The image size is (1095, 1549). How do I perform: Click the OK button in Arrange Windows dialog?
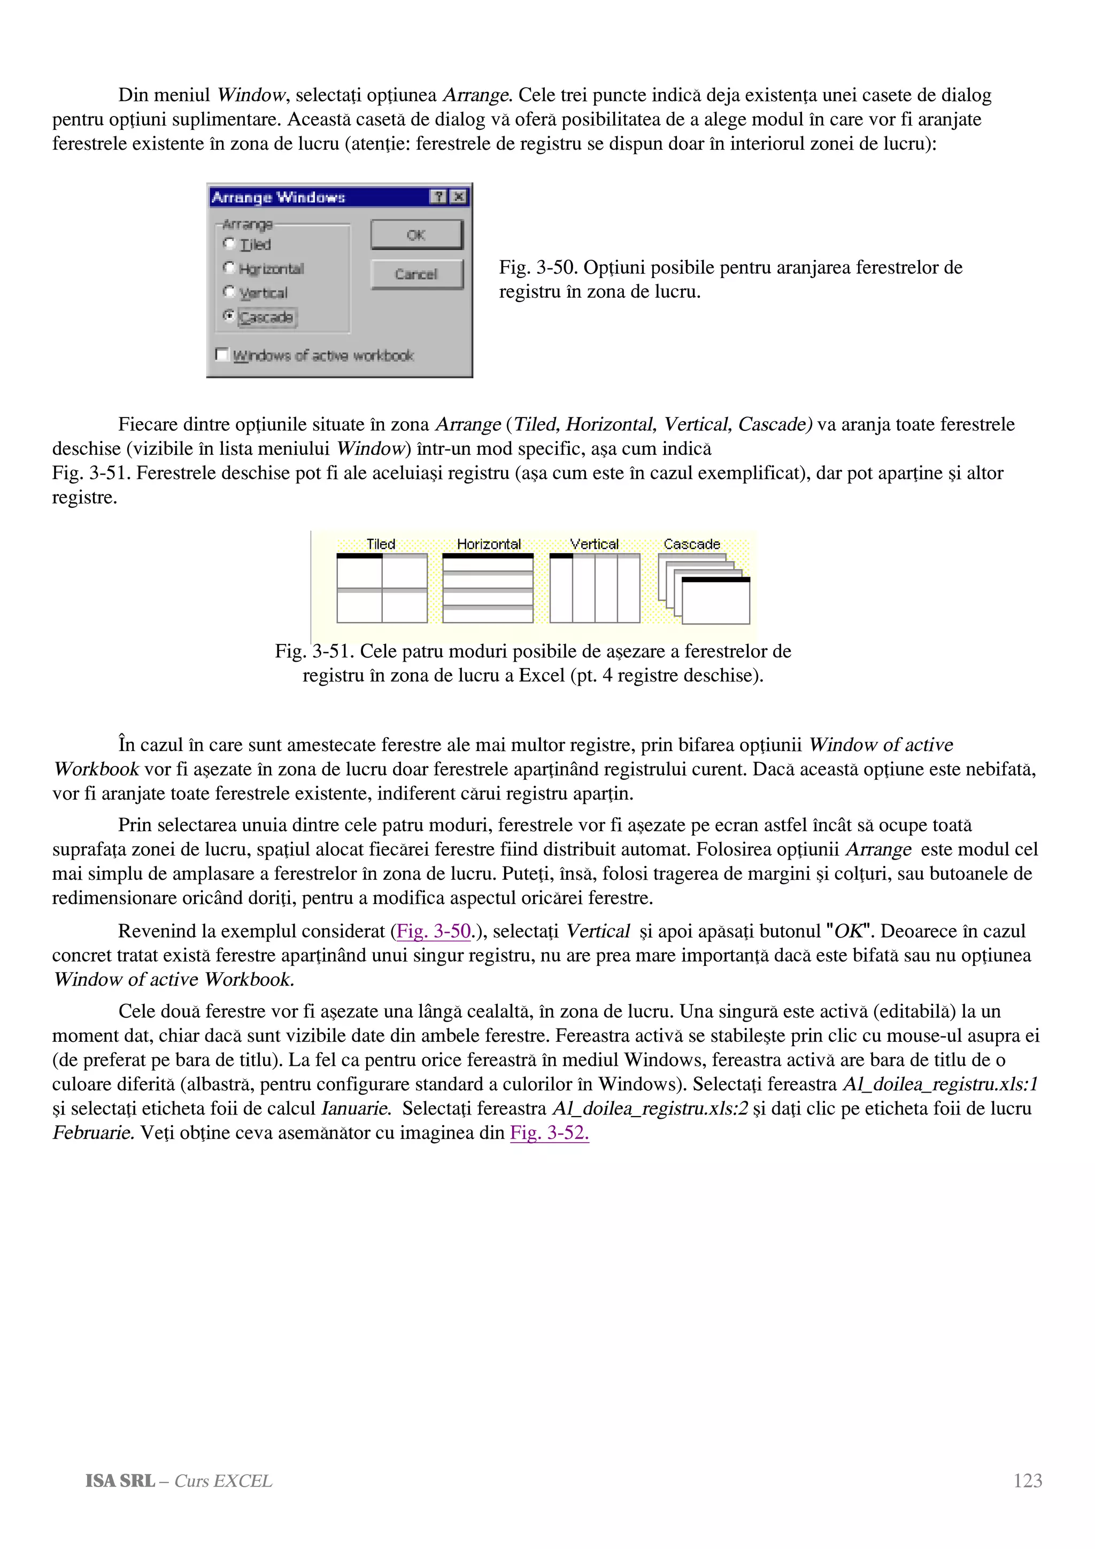(x=417, y=235)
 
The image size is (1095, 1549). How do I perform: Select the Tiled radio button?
(x=229, y=244)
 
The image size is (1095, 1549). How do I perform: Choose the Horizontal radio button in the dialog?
(x=229, y=268)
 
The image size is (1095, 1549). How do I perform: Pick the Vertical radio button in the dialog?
(x=229, y=292)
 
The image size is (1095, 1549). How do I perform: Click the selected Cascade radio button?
(x=229, y=316)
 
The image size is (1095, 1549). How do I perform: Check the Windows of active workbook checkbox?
(x=221, y=354)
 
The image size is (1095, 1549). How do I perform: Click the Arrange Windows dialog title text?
(x=278, y=197)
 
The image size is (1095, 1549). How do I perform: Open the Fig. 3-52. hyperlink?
(x=549, y=1132)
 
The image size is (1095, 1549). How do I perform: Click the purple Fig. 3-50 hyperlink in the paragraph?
(x=433, y=931)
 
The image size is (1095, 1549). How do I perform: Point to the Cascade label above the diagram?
(x=691, y=544)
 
